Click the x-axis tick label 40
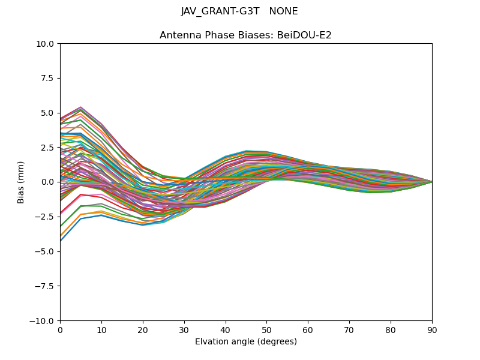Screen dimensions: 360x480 [226, 330]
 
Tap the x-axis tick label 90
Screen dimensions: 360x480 [432, 330]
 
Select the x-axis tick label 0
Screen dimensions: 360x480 [60, 330]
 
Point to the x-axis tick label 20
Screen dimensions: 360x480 [143, 330]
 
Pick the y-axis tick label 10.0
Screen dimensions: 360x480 [46, 43]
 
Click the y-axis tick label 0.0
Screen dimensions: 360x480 [49, 182]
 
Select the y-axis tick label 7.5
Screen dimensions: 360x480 [49, 78]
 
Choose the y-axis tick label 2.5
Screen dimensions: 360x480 [49, 148]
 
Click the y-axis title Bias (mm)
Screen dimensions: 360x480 [21, 182]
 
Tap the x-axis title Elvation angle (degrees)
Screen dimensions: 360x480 [246, 341]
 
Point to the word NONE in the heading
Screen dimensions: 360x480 [284, 11]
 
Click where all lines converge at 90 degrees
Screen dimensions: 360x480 [431, 182]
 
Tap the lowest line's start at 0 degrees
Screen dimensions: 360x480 [61, 241]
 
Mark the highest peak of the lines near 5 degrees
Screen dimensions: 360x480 [80, 107]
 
